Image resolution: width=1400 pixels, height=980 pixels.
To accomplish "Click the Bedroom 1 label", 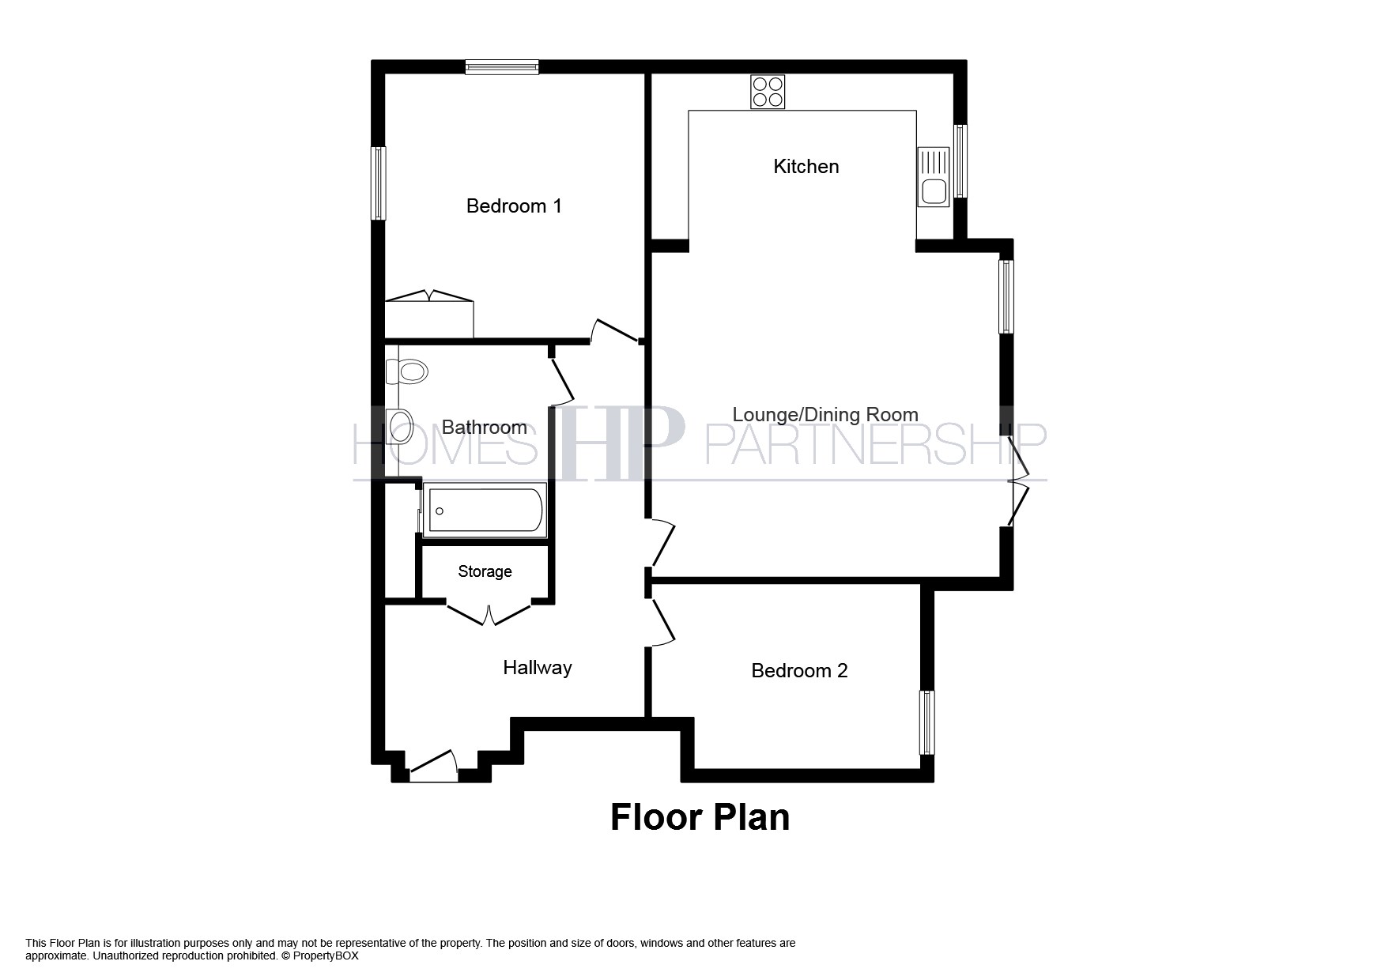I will click(514, 206).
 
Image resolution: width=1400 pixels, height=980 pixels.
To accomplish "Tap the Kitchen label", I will click(806, 167).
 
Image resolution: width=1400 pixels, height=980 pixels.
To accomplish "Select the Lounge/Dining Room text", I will click(825, 415).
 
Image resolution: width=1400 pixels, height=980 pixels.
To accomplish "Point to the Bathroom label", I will click(484, 428).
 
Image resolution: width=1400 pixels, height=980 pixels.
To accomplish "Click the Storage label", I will click(485, 571).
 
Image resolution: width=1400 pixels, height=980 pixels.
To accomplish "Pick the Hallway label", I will click(537, 668).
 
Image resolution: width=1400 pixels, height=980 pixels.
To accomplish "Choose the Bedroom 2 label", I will click(799, 671).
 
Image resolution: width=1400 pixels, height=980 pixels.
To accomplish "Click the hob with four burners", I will click(768, 91).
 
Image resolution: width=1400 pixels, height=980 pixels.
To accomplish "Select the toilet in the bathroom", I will click(409, 370).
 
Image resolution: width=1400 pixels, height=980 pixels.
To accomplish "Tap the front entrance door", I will click(433, 767).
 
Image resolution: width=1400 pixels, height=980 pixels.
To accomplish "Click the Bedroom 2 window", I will click(926, 722).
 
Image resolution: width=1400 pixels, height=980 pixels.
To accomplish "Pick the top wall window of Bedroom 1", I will click(502, 67).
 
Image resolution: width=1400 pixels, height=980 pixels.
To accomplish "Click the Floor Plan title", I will click(700, 817).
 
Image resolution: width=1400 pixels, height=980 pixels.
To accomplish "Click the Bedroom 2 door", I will click(662, 620).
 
